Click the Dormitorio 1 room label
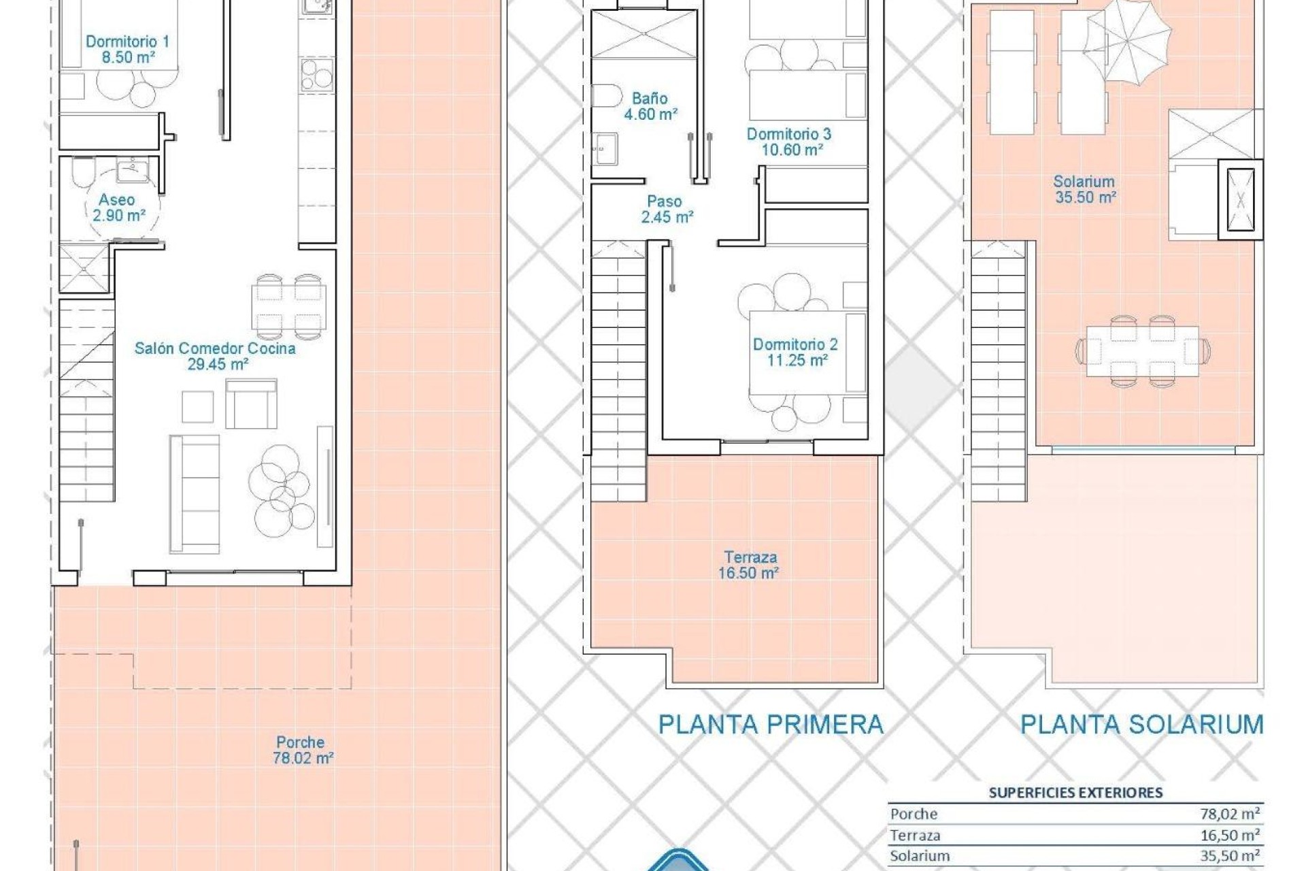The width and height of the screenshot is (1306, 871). click(x=127, y=42)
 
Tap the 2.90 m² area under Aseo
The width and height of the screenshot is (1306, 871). click(x=119, y=216)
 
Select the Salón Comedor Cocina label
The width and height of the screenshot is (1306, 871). click(x=215, y=348)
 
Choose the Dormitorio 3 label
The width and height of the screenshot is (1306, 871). click(x=789, y=134)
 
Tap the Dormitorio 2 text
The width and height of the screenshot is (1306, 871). click(x=795, y=344)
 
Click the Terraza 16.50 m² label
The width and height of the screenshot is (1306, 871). click(x=750, y=565)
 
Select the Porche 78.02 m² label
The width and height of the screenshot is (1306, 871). click(x=301, y=750)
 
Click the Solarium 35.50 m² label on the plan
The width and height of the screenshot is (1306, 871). click(x=1084, y=189)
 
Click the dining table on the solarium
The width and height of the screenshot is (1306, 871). click(x=1142, y=351)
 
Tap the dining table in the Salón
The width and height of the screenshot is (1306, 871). click(x=289, y=307)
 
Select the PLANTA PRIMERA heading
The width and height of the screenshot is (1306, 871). click(x=771, y=725)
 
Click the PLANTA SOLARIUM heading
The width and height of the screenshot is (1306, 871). click(x=1141, y=725)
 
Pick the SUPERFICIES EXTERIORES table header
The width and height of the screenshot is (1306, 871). click(x=1075, y=792)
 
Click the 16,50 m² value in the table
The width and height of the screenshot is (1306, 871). click(x=1230, y=835)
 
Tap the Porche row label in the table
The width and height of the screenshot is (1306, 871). click(x=914, y=814)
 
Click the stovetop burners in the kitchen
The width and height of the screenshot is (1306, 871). click(x=316, y=74)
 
